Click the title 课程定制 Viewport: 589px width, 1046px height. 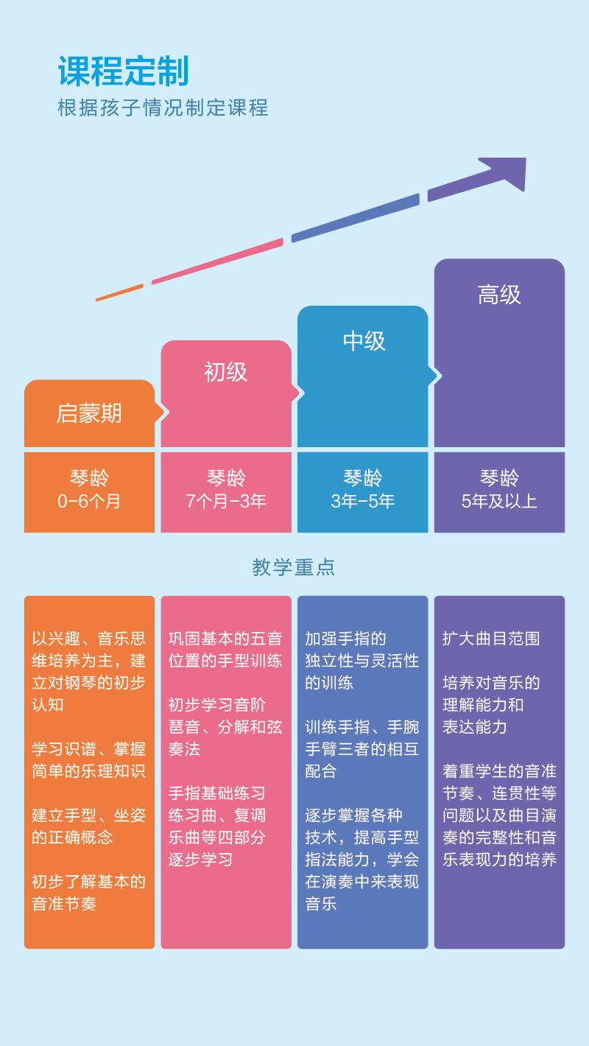[x=123, y=71]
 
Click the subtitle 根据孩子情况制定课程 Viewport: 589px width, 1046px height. [x=163, y=108]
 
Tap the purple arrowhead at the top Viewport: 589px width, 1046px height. [x=507, y=172]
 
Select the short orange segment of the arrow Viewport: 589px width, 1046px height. [x=119, y=292]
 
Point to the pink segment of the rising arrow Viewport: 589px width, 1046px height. [x=217, y=261]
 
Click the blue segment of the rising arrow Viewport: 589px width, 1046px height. [x=355, y=218]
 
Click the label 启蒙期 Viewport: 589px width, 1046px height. [x=89, y=413]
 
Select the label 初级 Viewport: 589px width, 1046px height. [x=226, y=372]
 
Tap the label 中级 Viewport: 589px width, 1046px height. [x=364, y=341]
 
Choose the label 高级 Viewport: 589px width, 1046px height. [x=499, y=295]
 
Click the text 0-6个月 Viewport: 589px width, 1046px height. [x=88, y=502]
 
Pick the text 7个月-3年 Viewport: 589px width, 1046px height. [x=226, y=502]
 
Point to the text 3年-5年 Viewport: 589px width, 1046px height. [x=363, y=502]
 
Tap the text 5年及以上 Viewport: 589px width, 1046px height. [x=499, y=502]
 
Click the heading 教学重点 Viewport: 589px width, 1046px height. [x=294, y=567]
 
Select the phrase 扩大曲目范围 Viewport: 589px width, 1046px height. [x=491, y=639]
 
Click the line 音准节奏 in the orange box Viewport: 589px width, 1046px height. [x=64, y=904]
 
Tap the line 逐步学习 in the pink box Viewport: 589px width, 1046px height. [x=201, y=859]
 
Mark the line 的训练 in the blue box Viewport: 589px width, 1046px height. [x=329, y=683]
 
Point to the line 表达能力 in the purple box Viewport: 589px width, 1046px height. [x=475, y=726]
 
